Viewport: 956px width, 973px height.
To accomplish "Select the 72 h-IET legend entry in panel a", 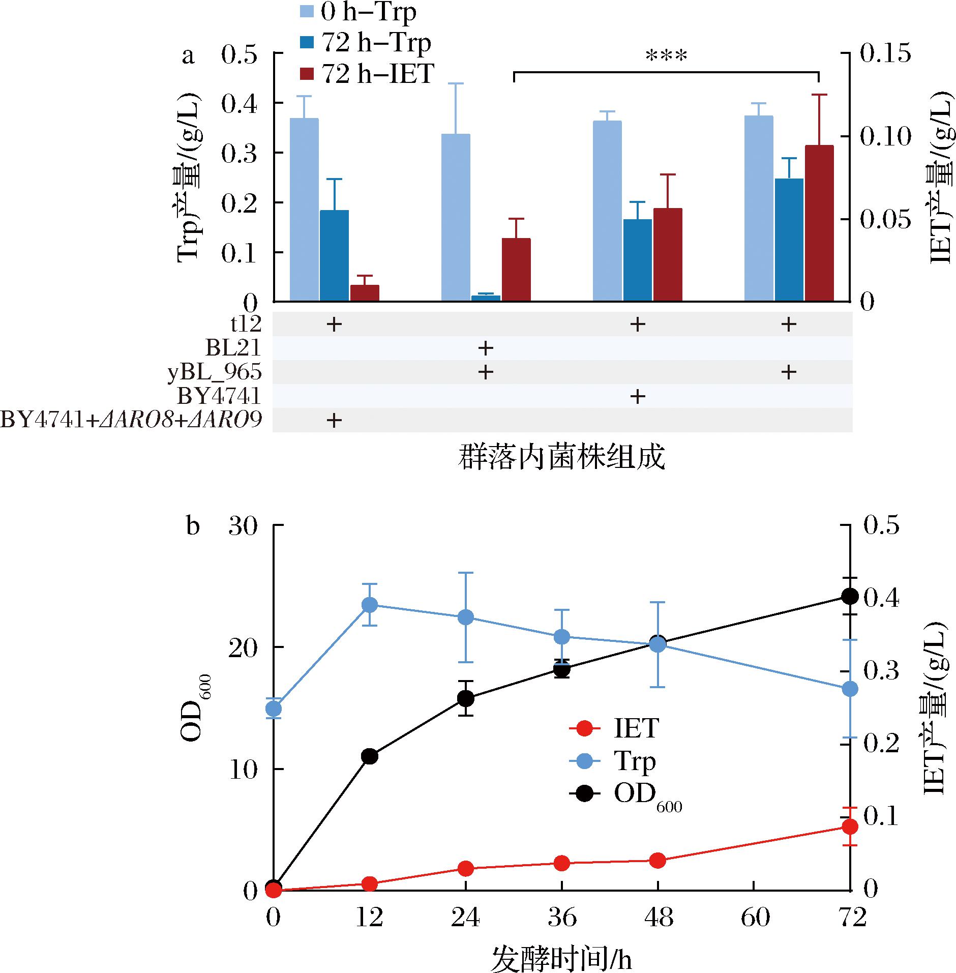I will pos(365,74).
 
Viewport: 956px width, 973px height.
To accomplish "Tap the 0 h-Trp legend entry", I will pos(356,12).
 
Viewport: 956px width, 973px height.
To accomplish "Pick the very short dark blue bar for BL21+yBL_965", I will pos(486,298).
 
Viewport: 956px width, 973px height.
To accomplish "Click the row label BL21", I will pos(233,348).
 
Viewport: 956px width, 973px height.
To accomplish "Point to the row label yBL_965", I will pos(215,373).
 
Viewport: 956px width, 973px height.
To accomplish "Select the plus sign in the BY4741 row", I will pos(637,396).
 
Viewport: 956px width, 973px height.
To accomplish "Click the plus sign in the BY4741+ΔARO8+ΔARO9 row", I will pos(334,421).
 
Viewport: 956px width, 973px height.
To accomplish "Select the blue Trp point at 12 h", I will pos(370,605).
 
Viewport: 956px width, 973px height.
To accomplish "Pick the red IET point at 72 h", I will pos(850,827).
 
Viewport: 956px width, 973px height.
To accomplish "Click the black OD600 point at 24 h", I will pos(466,698).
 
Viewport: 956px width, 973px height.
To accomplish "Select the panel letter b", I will pos(193,526).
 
